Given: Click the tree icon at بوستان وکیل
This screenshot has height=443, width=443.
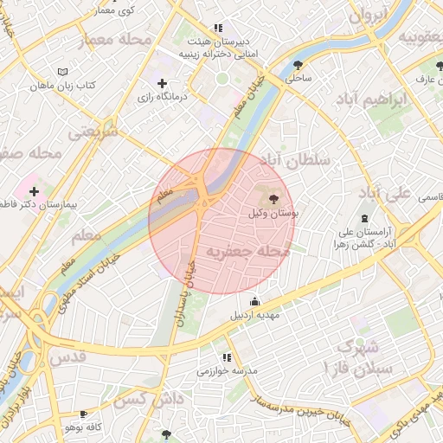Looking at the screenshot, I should (274, 199).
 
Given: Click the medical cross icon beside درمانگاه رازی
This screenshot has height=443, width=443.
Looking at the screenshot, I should (162, 83).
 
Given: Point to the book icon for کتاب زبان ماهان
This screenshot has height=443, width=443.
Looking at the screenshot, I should (61, 71).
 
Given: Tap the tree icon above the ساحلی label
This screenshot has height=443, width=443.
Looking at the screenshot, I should (299, 64).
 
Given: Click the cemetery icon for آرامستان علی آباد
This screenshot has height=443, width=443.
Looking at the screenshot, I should (364, 218).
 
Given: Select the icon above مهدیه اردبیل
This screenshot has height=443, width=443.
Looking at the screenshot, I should (254, 302).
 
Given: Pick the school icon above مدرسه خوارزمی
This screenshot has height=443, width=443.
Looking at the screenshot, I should (227, 356).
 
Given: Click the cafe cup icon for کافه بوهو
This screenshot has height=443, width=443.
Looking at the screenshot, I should (83, 414).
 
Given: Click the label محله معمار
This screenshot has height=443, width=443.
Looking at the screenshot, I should (114, 41).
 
